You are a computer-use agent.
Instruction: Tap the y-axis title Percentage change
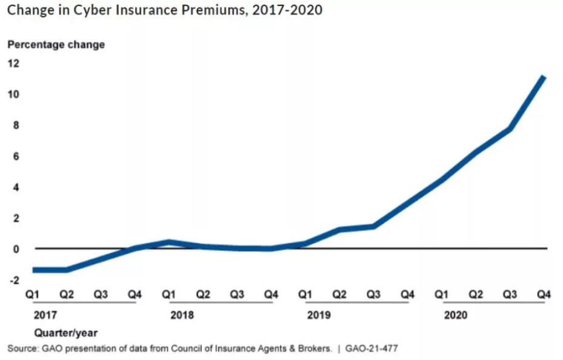[x=56, y=44]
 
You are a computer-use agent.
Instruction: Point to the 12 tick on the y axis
[x=13, y=63]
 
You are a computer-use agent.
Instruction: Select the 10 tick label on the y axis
[x=13, y=94]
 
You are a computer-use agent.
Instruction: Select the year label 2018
[x=182, y=316]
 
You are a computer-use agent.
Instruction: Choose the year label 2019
[x=319, y=316]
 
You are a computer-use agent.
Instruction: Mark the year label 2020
[x=456, y=316]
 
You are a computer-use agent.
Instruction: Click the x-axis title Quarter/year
[x=65, y=333]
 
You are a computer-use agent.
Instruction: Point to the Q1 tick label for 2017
[x=33, y=295]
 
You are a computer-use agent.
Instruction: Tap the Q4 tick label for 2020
[x=544, y=295]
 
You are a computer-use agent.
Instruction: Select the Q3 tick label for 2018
[x=237, y=295]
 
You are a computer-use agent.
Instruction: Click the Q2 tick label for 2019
[x=339, y=295]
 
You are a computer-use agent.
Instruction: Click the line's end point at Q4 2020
[x=544, y=78]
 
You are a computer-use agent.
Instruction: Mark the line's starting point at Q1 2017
[x=34, y=270]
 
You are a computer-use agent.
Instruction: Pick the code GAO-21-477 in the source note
[x=371, y=348]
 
